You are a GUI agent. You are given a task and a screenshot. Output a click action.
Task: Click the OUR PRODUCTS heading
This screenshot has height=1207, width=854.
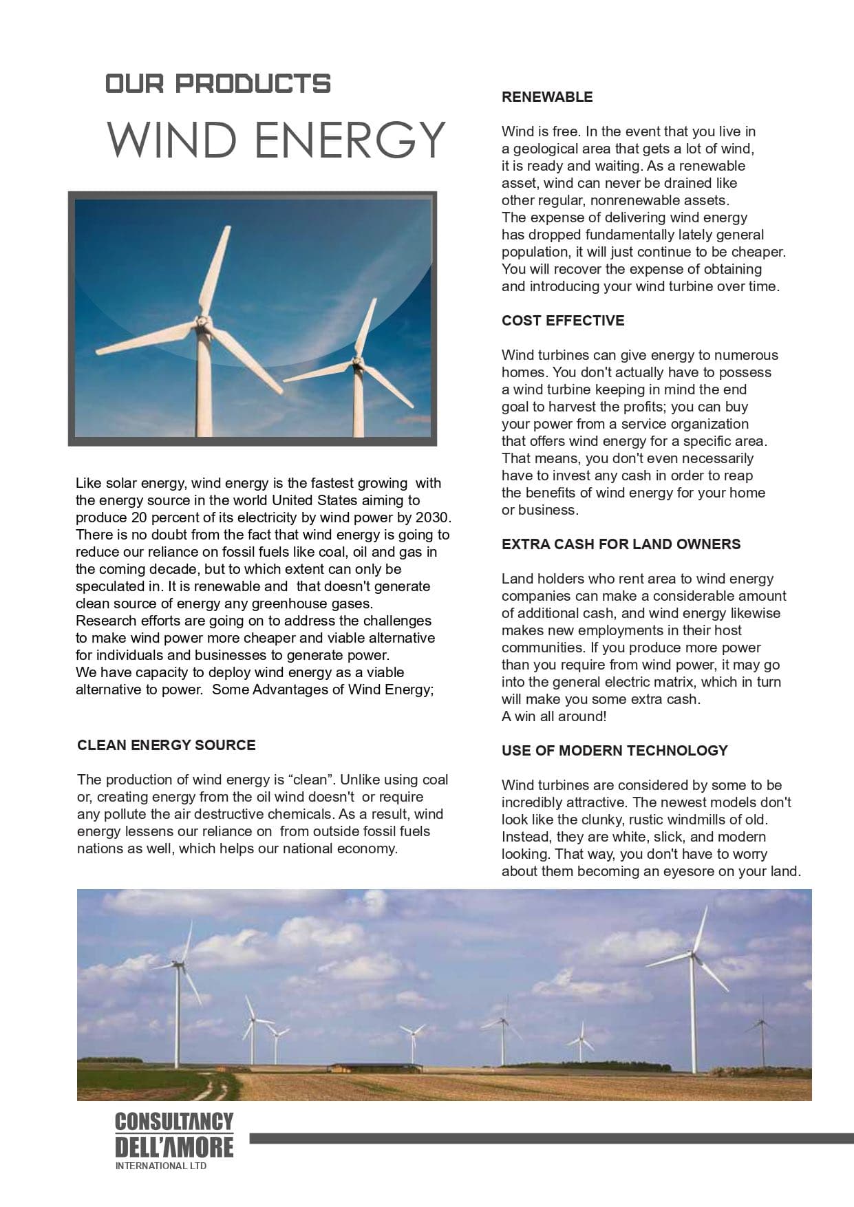(217, 84)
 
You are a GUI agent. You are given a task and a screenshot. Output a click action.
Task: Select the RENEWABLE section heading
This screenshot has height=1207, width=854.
(546, 97)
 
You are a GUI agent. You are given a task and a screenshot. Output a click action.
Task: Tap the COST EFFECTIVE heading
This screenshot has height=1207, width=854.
(562, 321)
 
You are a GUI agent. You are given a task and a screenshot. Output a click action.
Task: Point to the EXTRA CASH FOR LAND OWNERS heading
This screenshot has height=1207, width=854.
(621, 544)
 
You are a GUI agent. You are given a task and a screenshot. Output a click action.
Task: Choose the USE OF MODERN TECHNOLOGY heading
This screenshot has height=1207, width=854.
(614, 751)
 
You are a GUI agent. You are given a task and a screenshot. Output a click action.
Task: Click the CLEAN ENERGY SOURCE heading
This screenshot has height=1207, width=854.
(166, 745)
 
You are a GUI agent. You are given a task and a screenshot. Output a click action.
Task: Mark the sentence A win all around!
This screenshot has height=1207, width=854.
(553, 716)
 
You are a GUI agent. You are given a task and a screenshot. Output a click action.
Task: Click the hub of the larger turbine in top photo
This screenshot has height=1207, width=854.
(202, 321)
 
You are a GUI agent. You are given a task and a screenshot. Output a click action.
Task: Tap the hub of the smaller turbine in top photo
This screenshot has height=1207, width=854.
(356, 361)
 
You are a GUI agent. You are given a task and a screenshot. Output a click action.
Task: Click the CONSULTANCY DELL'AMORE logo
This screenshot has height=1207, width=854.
(174, 1135)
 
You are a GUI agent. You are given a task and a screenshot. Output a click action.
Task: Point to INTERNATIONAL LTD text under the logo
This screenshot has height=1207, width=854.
(160, 1166)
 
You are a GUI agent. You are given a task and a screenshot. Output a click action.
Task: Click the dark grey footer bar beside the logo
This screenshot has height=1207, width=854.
(551, 1139)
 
